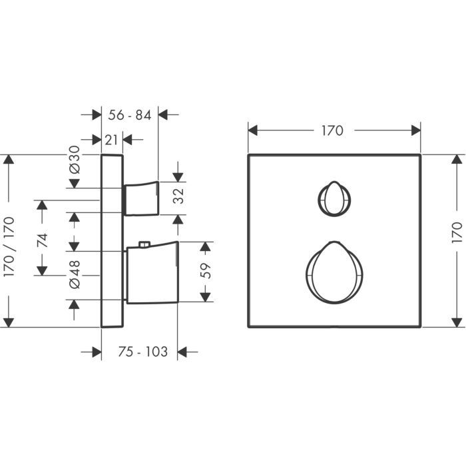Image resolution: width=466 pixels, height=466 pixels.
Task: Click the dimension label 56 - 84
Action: [x=130, y=115]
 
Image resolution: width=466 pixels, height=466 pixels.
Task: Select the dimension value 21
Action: [x=111, y=140]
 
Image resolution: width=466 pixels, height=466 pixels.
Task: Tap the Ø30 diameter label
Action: [x=75, y=159]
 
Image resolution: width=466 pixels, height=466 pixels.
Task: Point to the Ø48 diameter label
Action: [x=75, y=274]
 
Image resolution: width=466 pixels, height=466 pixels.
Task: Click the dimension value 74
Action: [x=42, y=240]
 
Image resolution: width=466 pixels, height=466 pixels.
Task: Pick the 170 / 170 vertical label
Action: [x=9, y=247]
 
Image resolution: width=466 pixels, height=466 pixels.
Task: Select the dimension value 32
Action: [x=178, y=196]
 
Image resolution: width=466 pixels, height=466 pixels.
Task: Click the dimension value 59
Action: [x=205, y=270]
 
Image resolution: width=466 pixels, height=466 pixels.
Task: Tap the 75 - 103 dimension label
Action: [x=143, y=352]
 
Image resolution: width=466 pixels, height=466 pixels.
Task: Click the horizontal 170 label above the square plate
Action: [x=333, y=130]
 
